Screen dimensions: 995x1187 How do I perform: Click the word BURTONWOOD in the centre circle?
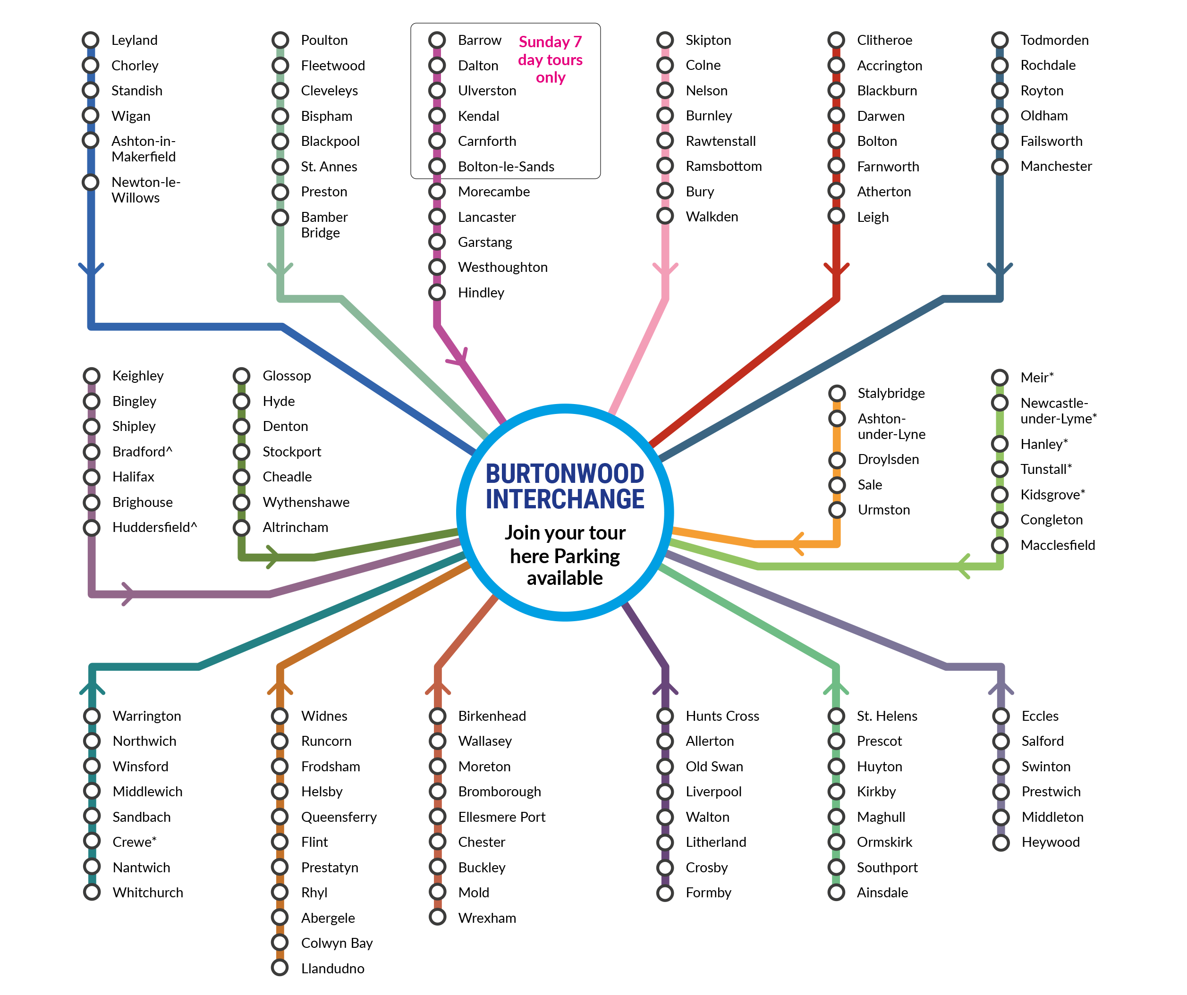coord(565,473)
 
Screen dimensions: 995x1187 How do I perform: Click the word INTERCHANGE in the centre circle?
coord(565,499)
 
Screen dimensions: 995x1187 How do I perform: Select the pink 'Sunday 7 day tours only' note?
coord(550,59)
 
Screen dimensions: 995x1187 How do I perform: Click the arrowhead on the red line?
coord(837,270)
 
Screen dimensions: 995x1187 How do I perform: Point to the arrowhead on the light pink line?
coord(665,270)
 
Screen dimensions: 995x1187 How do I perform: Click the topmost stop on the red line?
coord(836,40)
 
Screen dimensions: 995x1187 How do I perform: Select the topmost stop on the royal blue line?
coord(91,40)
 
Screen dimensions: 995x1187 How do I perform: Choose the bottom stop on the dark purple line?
coord(665,894)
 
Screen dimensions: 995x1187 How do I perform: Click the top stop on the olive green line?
coord(241,376)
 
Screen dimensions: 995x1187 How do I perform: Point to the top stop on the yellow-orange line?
coord(837,393)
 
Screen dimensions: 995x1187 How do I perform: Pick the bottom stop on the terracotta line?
coord(438,917)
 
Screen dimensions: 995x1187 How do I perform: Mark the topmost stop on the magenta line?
coord(437,40)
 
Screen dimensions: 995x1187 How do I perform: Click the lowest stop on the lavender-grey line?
coord(1001,843)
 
